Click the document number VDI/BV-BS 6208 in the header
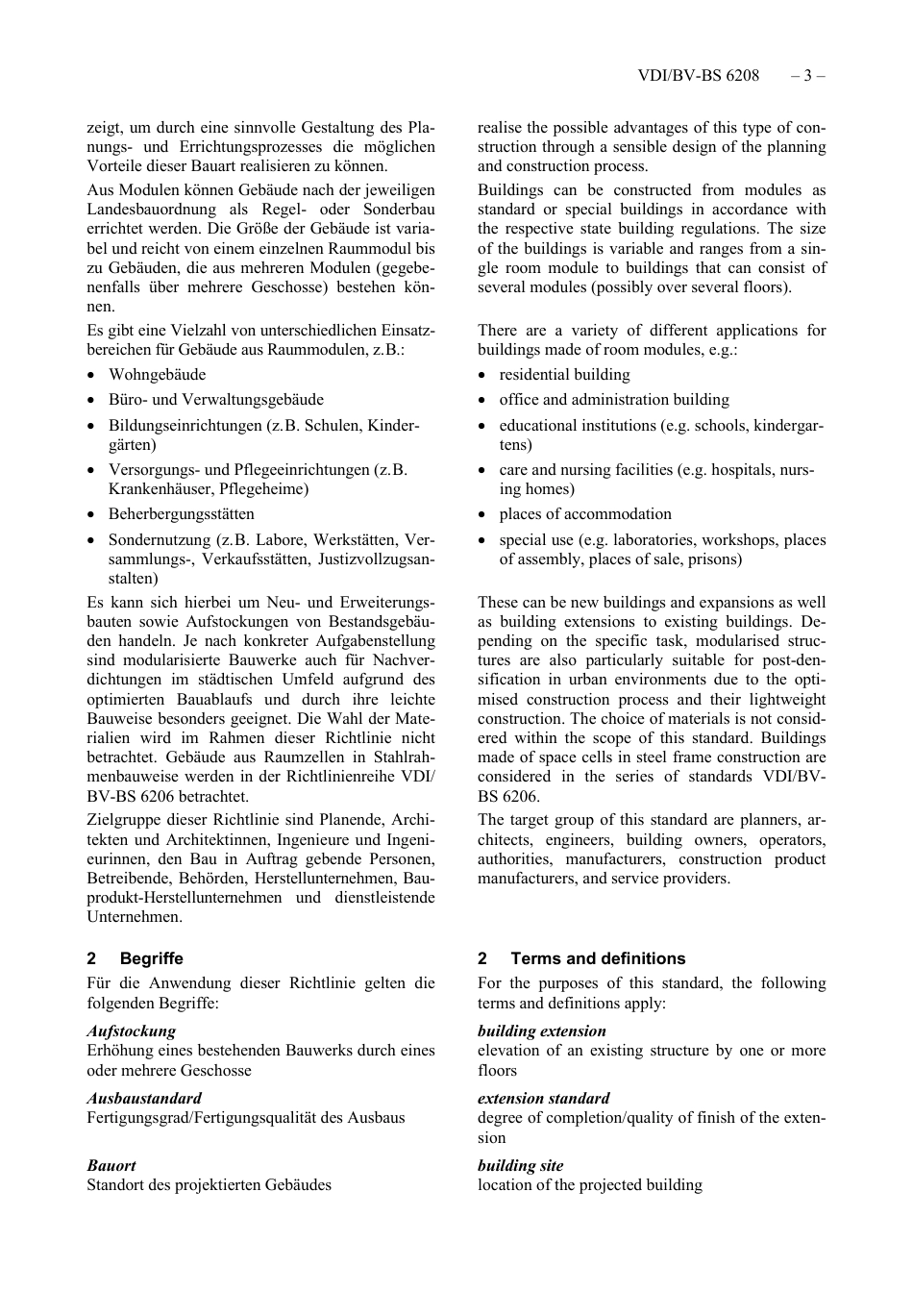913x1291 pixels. pyautogui.click(x=698, y=75)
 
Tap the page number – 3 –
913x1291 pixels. pyautogui.click(x=807, y=75)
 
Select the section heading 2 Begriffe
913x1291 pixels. pyautogui.click(x=135, y=958)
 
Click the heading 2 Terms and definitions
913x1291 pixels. pyautogui.click(x=581, y=958)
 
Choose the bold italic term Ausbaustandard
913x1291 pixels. pyautogui.click(x=144, y=1098)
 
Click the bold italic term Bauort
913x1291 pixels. pyautogui.click(x=111, y=1165)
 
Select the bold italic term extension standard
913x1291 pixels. pyautogui.click(x=543, y=1098)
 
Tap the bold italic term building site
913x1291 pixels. pyautogui.click(x=520, y=1165)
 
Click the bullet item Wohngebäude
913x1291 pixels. pyautogui.click(x=157, y=375)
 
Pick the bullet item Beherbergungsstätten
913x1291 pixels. pyautogui.click(x=181, y=514)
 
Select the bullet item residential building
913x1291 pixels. pyautogui.click(x=564, y=375)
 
